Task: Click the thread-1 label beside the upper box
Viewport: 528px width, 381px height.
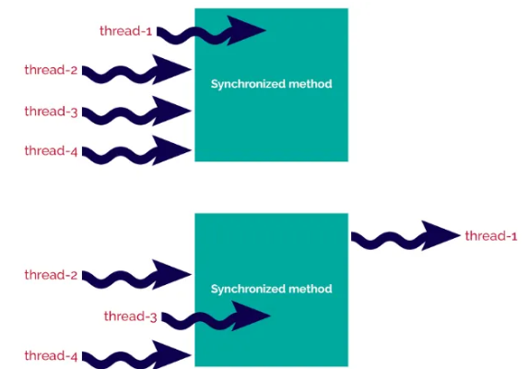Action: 126,30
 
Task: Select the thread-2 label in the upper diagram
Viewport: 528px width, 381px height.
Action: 51,69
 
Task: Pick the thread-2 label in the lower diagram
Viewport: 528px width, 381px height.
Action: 51,275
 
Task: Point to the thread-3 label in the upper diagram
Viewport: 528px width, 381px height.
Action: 51,112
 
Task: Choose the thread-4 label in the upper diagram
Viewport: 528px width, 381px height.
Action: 51,150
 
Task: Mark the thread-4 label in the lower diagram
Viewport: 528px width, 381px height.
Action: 51,355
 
